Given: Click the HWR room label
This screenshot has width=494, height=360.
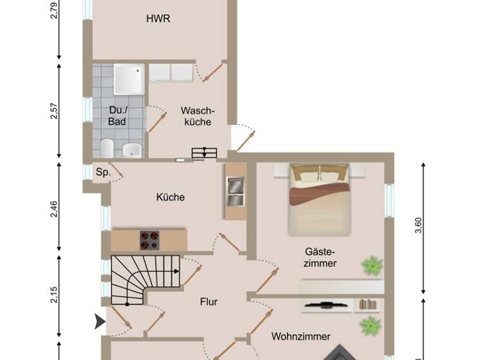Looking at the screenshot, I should [x=158, y=19].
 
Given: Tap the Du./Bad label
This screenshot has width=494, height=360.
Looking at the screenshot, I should [x=117, y=115].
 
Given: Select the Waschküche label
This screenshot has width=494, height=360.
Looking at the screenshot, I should [x=196, y=116].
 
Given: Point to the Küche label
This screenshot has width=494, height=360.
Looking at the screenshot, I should [x=170, y=197].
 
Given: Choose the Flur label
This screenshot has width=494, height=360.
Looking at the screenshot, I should [x=209, y=301].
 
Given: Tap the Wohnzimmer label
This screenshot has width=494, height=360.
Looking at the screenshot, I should [x=301, y=336].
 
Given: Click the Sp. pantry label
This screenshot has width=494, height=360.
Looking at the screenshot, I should [x=102, y=173].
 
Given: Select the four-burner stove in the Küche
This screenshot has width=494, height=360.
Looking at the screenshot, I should [x=150, y=240].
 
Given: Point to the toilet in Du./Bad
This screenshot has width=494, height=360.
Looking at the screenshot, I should [x=107, y=147].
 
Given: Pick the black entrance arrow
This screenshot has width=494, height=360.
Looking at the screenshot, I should [x=100, y=321].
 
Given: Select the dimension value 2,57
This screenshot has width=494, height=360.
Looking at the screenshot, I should [x=55, y=111].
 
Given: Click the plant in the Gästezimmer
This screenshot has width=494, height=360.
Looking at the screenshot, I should [x=372, y=265].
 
